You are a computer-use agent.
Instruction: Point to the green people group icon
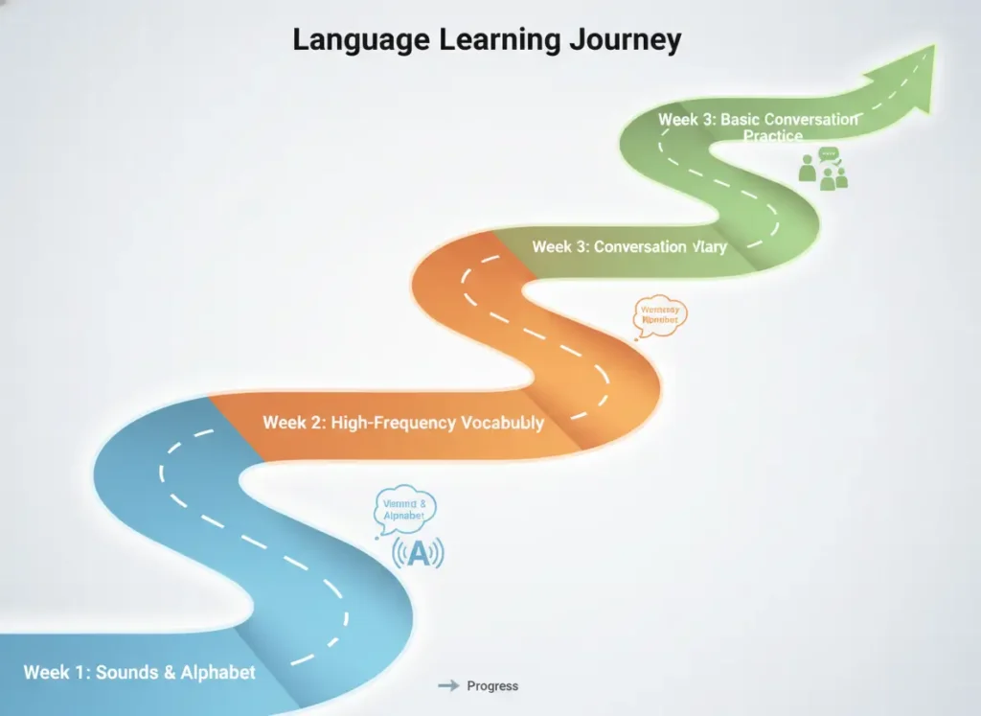823,173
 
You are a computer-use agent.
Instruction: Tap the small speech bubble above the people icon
829,154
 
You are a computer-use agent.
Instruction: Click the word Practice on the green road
772,136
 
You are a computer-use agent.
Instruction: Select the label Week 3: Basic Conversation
758,120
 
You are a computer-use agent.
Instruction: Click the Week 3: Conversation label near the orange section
628,246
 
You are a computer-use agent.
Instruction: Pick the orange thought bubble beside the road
660,314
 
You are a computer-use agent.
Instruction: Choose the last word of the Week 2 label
503,422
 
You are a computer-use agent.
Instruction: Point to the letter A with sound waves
418,554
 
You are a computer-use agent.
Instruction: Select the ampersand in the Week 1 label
170,672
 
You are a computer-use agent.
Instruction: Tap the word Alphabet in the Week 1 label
218,672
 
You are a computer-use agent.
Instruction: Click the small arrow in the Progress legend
447,685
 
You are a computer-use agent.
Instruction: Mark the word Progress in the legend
492,685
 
